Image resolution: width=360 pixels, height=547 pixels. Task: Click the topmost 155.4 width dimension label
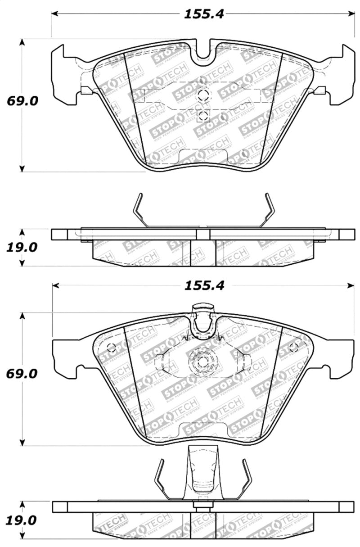pos(203,14)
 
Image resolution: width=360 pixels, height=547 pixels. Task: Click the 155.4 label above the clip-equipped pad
pos(203,285)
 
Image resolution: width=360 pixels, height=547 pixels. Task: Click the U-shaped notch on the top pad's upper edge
pos(204,52)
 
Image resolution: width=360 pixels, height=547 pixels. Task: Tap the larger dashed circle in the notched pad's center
pos(203,95)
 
